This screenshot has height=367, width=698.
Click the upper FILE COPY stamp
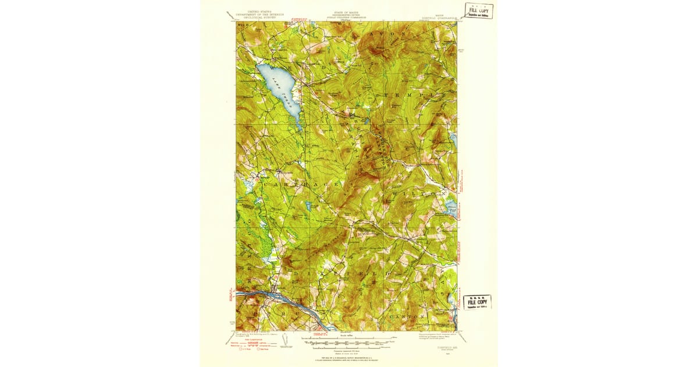coord(478,10)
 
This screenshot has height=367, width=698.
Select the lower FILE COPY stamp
coord(477,302)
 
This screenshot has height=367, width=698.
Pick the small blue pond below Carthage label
coord(307,205)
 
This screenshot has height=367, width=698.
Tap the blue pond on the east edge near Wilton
coord(451,207)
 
